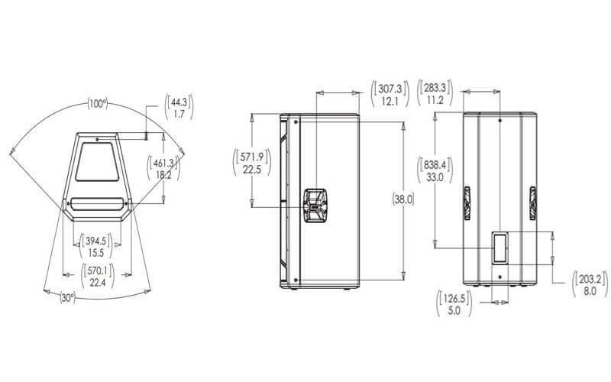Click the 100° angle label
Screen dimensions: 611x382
tap(98, 104)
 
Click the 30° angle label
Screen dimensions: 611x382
tap(67, 298)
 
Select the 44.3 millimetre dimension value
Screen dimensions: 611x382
tap(179, 102)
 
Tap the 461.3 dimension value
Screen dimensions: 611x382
tap(163, 163)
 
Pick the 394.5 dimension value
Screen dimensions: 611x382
tap(96, 241)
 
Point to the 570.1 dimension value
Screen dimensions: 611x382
tap(98, 270)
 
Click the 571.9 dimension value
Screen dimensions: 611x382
tap(252, 157)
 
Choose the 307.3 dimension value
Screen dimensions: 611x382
tap(390, 88)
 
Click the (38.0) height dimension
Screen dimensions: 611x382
tap(403, 199)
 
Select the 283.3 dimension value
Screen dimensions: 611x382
tap(435, 86)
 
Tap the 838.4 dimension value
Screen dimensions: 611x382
tap(435, 163)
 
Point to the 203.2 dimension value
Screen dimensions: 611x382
tap(590, 278)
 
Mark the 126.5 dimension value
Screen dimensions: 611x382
tap(454, 298)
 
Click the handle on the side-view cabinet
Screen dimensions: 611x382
tap(315, 206)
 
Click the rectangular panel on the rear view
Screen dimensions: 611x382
tap(500, 248)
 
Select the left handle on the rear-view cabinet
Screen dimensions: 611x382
tap(467, 203)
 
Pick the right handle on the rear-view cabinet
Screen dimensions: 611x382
tap(532, 203)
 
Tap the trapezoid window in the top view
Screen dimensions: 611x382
tap(97, 161)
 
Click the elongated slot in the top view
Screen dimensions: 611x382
tap(97, 204)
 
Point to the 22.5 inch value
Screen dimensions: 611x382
tap(252, 170)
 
